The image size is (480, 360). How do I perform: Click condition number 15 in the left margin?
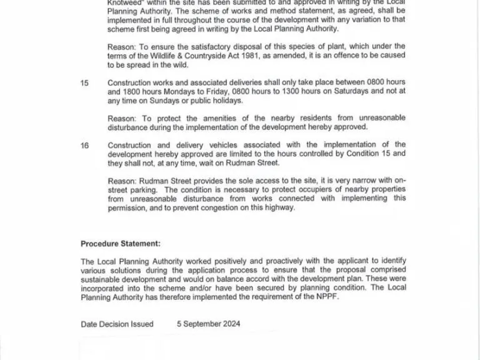tap(84, 82)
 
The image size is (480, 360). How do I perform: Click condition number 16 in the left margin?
tap(84, 145)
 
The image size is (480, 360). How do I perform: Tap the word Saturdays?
tap(347, 91)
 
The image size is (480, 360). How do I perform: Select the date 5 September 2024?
tap(208, 324)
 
